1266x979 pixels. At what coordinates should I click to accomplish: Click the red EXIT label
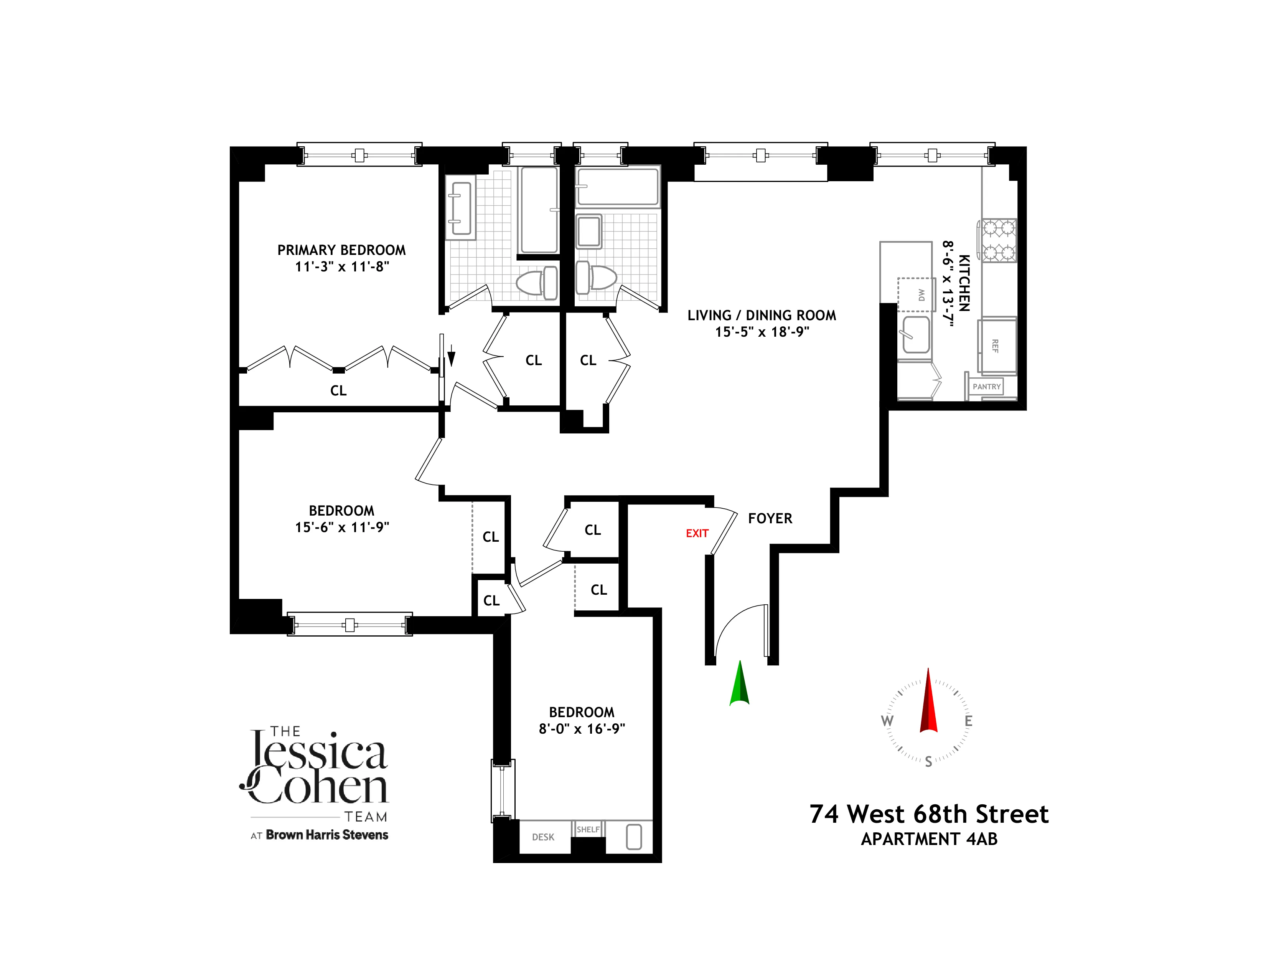pyautogui.click(x=697, y=533)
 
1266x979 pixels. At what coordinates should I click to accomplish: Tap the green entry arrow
pyautogui.click(x=739, y=685)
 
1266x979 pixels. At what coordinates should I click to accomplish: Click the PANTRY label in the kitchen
pyautogui.click(x=987, y=386)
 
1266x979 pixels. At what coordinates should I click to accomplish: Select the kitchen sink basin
pyautogui.click(x=916, y=334)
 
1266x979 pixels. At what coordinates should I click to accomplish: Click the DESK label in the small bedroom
pyautogui.click(x=543, y=837)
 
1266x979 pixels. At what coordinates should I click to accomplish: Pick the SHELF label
pyautogui.click(x=588, y=829)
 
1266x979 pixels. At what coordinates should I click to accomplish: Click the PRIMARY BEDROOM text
pyautogui.click(x=341, y=250)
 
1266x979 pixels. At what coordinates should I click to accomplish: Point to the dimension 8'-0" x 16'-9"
pyautogui.click(x=582, y=729)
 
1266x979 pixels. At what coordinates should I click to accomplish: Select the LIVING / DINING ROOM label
pyautogui.click(x=762, y=316)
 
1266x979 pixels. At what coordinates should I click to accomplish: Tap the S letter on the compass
pyautogui.click(x=928, y=762)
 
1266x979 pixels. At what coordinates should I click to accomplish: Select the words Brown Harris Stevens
pyautogui.click(x=327, y=835)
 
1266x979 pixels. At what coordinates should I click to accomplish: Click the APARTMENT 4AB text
pyautogui.click(x=929, y=839)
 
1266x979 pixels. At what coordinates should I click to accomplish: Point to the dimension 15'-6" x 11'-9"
pyautogui.click(x=342, y=527)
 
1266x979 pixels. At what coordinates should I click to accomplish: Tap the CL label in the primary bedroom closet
pyautogui.click(x=338, y=391)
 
